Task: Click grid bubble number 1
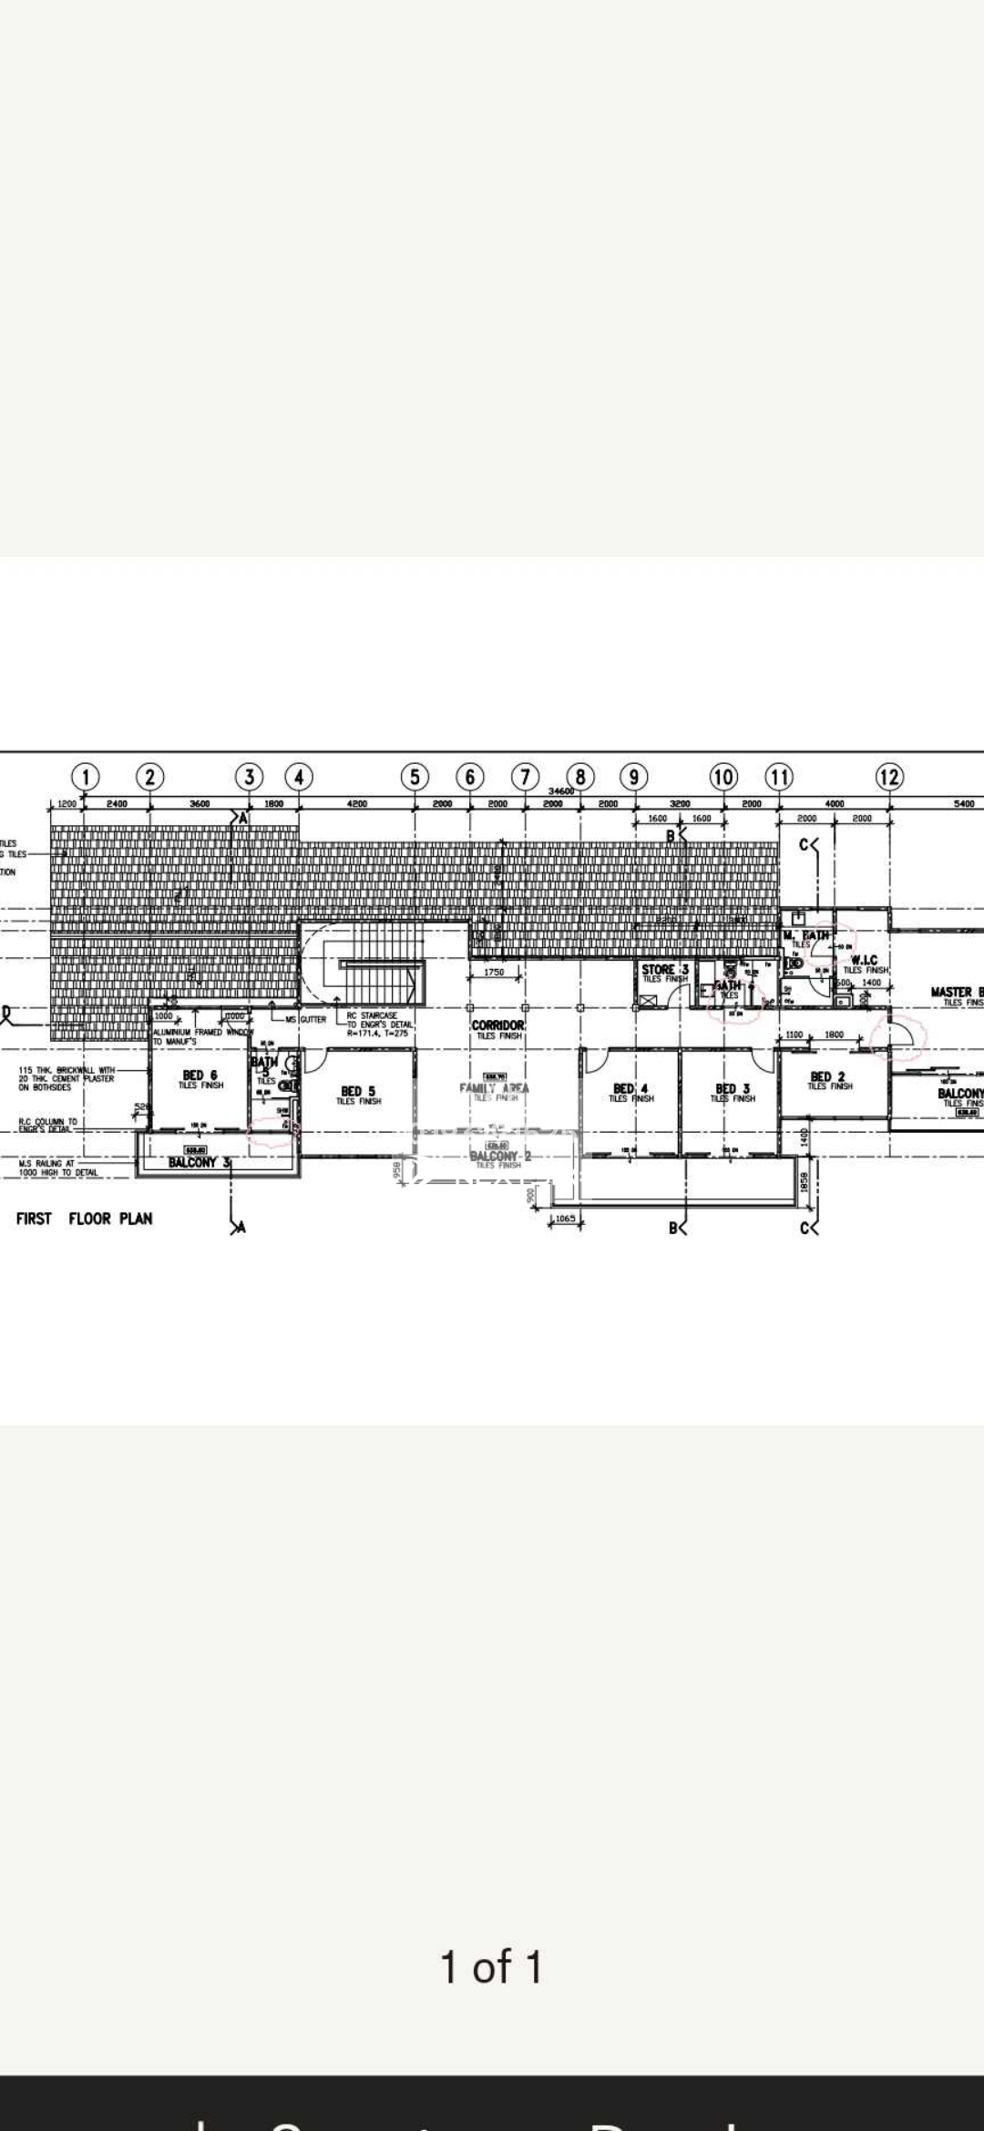tap(86, 777)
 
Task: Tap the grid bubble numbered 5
tap(415, 777)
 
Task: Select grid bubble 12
tap(889, 777)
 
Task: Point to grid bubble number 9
tap(634, 777)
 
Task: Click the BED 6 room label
tap(200, 1076)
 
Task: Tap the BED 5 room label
tap(358, 1091)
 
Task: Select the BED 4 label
tap(630, 1088)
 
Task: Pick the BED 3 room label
tap(733, 1088)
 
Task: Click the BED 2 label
tap(827, 1076)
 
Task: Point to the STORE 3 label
tap(664, 970)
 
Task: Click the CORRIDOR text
tap(497, 1025)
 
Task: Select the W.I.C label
tap(864, 960)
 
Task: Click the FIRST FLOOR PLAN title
tap(84, 1218)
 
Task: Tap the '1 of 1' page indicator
tap(491, 1966)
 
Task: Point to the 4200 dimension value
tap(357, 804)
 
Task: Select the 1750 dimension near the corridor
tap(494, 973)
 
